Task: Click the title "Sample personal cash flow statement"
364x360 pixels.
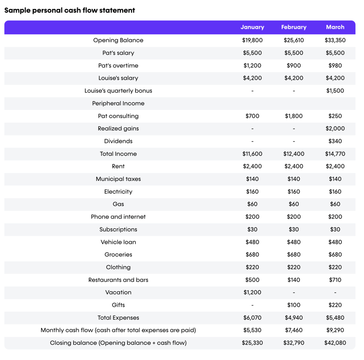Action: (x=70, y=10)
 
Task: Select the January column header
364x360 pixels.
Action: (x=252, y=27)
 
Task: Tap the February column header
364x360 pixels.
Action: (x=294, y=27)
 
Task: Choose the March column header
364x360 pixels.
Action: (x=335, y=27)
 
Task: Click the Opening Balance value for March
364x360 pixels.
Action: (x=335, y=40)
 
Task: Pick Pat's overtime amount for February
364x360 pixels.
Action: (x=294, y=65)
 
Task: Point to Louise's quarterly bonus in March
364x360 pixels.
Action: (x=335, y=90)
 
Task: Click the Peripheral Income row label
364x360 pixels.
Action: (x=118, y=103)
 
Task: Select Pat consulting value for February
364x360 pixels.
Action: (x=294, y=116)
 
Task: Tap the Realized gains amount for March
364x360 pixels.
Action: (x=335, y=128)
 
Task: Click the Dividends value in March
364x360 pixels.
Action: (x=335, y=141)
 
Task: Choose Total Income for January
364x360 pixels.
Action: (x=252, y=154)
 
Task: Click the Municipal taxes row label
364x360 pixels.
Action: (x=118, y=179)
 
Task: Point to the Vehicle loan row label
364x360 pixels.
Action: (x=118, y=242)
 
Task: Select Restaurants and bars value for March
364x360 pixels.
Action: (x=335, y=280)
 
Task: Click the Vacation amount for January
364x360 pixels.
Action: (x=252, y=292)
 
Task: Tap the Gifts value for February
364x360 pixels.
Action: (x=294, y=305)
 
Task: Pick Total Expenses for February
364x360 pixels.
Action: (x=294, y=318)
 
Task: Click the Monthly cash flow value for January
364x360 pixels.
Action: (x=252, y=330)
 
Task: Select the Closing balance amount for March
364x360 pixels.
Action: (x=335, y=343)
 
